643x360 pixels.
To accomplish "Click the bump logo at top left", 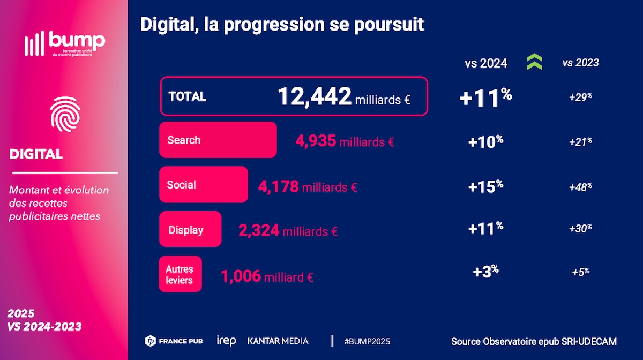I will [x=64, y=43].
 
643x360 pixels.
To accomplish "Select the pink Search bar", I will [x=218, y=140].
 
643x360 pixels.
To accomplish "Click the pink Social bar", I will [x=203, y=185].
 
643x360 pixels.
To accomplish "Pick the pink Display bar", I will [x=190, y=229].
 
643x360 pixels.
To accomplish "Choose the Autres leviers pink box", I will [x=180, y=274].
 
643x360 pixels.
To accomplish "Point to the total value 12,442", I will [x=314, y=96].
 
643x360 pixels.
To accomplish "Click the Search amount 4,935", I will [x=316, y=141].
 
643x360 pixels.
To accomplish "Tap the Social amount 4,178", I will [x=279, y=186].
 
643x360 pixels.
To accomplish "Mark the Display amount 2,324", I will [x=259, y=231].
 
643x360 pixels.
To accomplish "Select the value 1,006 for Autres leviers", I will [x=241, y=276].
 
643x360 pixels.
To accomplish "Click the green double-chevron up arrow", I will [x=534, y=63].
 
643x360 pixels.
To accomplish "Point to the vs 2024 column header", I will [x=485, y=63].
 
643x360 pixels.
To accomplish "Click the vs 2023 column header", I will [x=580, y=63].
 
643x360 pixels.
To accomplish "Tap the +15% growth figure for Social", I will [x=485, y=186].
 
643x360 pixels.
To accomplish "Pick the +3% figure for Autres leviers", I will [x=485, y=271].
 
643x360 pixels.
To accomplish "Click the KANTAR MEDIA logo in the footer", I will [x=278, y=341].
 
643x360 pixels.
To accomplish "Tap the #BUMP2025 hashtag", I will [x=367, y=341].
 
